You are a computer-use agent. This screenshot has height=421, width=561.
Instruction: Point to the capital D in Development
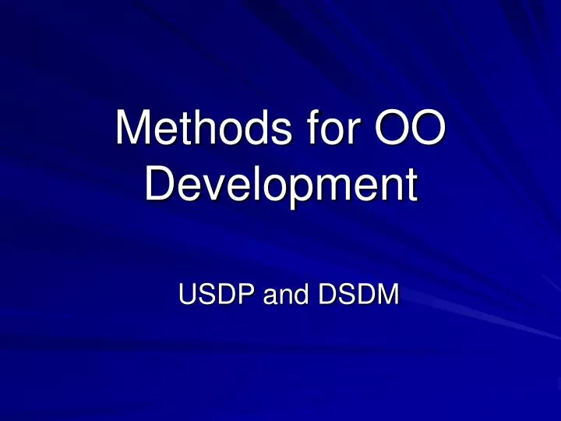(162, 186)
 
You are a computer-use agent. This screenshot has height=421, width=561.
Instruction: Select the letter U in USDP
(188, 296)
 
